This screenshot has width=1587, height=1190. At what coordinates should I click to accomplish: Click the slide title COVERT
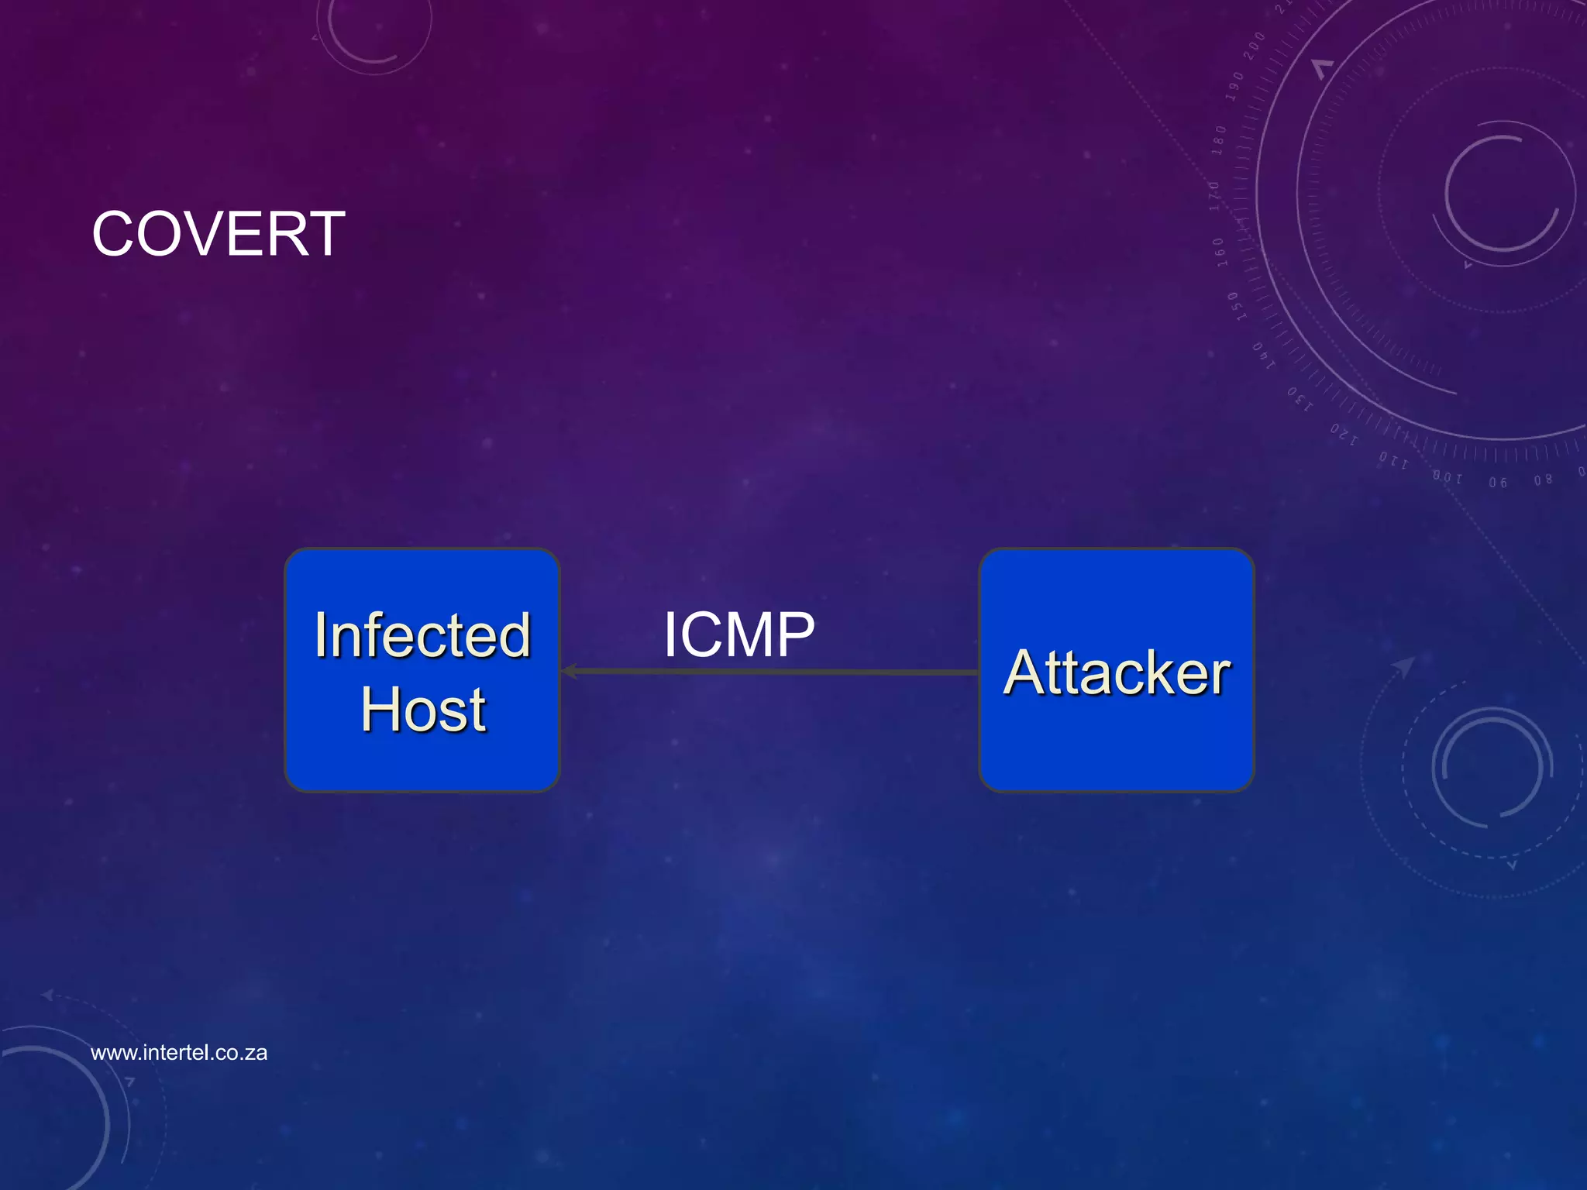click(x=219, y=234)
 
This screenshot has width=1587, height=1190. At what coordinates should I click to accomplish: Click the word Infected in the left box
click(x=422, y=635)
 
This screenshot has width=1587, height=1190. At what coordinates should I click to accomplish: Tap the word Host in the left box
click(x=423, y=710)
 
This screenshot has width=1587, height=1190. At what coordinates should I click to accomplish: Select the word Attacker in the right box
click(x=1117, y=672)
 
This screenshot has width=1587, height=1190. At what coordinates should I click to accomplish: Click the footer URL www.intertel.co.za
click(x=179, y=1052)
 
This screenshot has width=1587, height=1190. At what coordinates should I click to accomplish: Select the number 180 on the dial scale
click(x=1219, y=139)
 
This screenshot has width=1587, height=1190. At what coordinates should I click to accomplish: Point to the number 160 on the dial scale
click(x=1219, y=253)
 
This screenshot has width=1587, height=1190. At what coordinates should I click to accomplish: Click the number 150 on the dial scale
click(x=1237, y=307)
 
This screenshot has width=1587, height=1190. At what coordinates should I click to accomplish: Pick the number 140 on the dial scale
click(x=1263, y=355)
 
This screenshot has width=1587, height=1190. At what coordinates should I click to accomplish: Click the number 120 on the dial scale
click(x=1344, y=434)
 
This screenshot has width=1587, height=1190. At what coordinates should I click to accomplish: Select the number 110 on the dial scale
click(x=1393, y=461)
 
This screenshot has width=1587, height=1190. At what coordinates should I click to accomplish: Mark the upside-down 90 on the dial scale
click(x=1498, y=482)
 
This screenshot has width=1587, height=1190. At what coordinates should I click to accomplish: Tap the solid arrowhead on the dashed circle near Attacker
click(x=1404, y=666)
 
